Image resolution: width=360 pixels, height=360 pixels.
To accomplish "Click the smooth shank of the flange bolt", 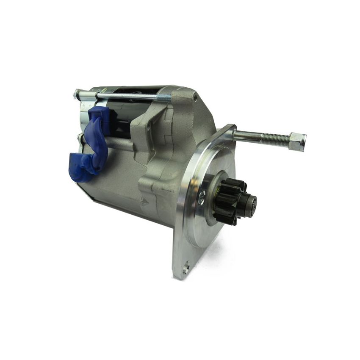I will coord(248,135).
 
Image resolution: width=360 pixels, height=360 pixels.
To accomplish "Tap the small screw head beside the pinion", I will coord(202,194).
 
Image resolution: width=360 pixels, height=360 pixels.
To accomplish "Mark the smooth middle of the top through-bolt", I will coord(127,96).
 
